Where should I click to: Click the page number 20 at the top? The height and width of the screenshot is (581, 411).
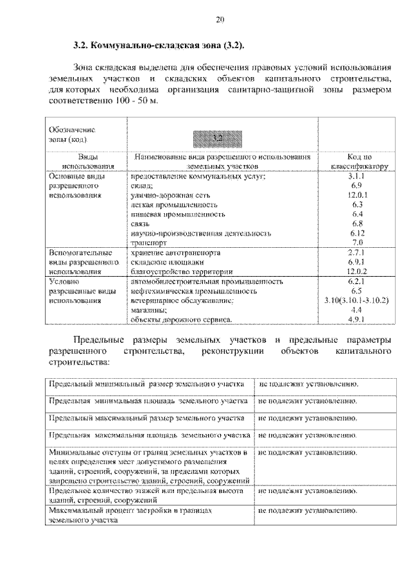220,21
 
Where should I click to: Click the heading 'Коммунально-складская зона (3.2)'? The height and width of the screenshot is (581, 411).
158,48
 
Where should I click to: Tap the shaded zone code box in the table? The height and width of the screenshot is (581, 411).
220,137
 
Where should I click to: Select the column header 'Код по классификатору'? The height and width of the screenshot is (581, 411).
358,160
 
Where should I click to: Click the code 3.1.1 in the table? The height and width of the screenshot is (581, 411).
358,175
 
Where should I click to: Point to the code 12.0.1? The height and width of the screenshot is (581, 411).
358,194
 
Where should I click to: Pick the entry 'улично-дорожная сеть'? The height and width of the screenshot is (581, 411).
170,194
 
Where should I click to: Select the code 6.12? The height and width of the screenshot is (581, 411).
358,233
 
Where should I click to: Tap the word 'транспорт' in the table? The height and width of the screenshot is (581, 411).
148,243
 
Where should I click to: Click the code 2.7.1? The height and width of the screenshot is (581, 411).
358,253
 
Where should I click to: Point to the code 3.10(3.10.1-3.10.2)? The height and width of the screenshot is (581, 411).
358,300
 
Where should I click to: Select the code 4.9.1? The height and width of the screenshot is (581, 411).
358,318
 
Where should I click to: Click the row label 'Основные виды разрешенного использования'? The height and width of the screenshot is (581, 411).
75,185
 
